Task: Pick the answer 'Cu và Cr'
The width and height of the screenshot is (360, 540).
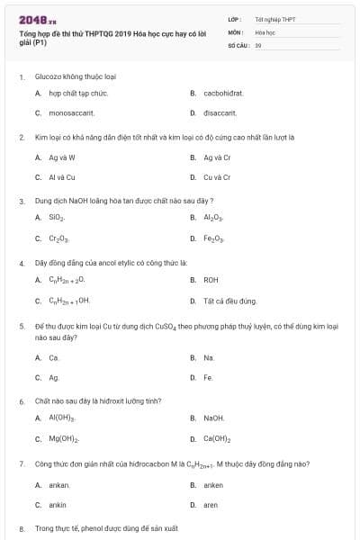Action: (x=217, y=177)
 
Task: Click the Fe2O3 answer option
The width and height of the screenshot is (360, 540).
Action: (x=214, y=238)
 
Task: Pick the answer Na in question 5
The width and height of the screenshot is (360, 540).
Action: (x=209, y=357)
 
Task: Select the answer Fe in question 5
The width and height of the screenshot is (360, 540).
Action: (x=208, y=378)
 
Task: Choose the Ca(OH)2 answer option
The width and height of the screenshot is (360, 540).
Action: (x=217, y=439)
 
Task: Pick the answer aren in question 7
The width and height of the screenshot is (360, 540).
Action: (x=211, y=505)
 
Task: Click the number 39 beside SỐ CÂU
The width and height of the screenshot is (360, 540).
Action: (x=258, y=44)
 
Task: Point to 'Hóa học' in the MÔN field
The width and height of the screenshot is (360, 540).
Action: (x=265, y=31)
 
